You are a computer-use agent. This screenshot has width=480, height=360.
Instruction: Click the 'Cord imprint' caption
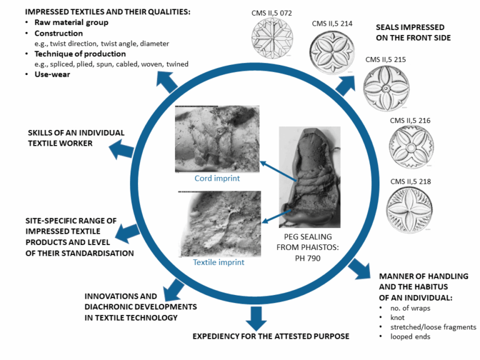pos(216,179)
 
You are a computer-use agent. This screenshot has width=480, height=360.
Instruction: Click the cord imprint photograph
pos(216,139)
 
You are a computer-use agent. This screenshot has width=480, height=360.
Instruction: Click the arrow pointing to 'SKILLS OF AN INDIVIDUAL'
pos(122,149)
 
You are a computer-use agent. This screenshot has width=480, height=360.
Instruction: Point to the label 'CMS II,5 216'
pos(410,120)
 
